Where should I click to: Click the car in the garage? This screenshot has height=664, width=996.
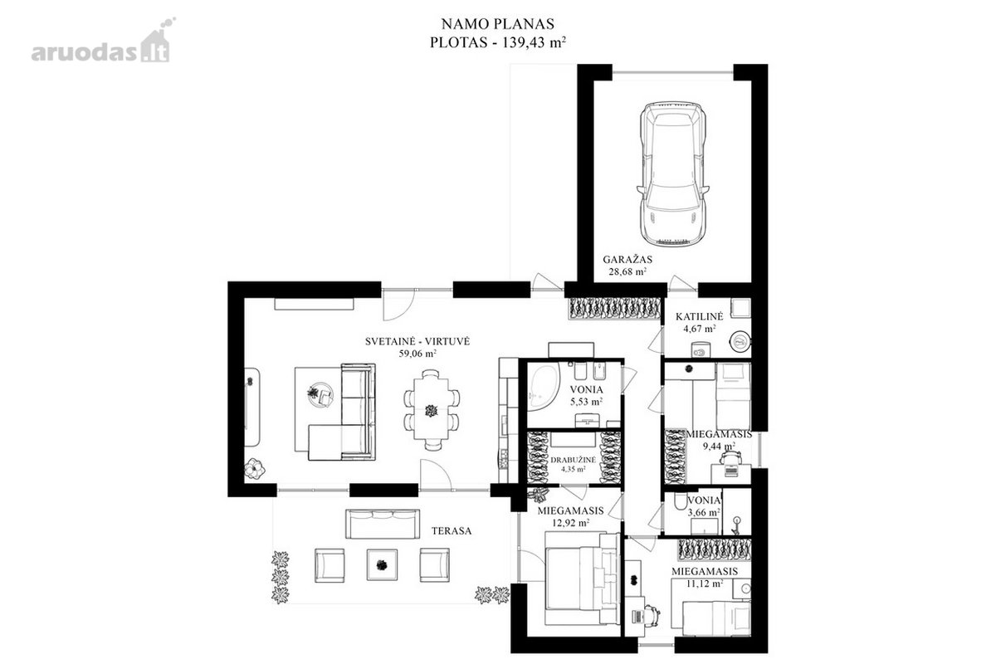pyautogui.click(x=671, y=173)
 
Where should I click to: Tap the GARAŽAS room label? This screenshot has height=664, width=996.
pyautogui.click(x=627, y=259)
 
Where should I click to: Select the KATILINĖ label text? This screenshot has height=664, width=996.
pyautogui.click(x=700, y=317)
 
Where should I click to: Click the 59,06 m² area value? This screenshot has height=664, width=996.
pyautogui.click(x=417, y=354)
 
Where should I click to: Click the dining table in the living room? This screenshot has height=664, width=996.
pyautogui.click(x=432, y=408)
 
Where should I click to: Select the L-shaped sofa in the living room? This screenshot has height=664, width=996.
pyautogui.click(x=342, y=413)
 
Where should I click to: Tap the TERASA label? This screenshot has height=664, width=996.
pyautogui.click(x=452, y=531)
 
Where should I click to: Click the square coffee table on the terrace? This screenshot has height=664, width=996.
pyautogui.click(x=382, y=564)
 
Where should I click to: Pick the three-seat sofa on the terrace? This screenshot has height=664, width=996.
pyautogui.click(x=383, y=524)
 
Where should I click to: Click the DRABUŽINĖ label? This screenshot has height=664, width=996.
pyautogui.click(x=574, y=461)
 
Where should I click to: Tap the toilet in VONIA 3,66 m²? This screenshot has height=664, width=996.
pyautogui.click(x=681, y=502)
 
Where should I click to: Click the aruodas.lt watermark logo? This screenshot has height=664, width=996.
pyautogui.click(x=101, y=45)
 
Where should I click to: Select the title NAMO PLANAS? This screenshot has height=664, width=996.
pyautogui.click(x=497, y=23)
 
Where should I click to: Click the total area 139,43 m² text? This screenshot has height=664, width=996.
pyautogui.click(x=534, y=42)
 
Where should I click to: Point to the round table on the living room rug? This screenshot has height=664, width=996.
pyautogui.click(x=320, y=394)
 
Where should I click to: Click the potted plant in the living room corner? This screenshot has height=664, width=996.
pyautogui.click(x=254, y=468)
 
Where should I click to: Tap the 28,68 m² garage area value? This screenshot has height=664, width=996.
pyautogui.click(x=627, y=271)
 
